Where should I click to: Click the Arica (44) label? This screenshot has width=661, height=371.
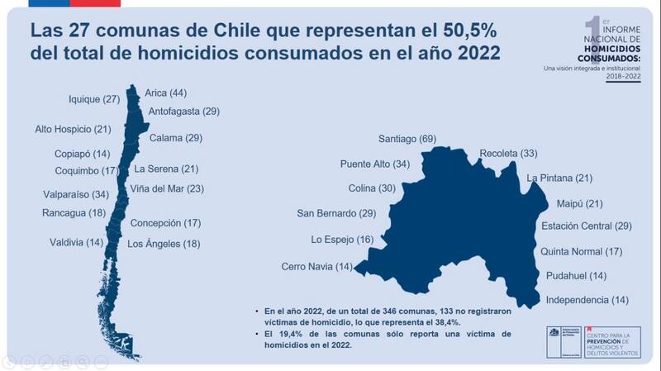click(165, 93)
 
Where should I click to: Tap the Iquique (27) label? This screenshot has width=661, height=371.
click(94, 99)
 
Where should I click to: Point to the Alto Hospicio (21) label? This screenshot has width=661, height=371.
click(73, 129)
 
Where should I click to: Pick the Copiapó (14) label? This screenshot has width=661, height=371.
click(82, 155)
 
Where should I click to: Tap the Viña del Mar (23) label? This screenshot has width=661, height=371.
click(167, 188)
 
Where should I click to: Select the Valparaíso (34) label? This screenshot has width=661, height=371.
click(76, 195)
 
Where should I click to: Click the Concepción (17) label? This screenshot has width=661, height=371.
click(166, 223)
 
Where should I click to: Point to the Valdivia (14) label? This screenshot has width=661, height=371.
click(76, 242)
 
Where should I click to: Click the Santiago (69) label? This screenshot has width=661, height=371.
click(407, 138)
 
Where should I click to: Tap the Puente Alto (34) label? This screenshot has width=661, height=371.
click(375, 164)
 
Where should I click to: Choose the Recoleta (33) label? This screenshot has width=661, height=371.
click(508, 154)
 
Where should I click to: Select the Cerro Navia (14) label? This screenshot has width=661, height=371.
click(316, 266)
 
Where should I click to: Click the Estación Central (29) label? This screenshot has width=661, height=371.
click(587, 226)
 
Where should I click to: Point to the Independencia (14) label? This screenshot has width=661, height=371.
click(587, 299)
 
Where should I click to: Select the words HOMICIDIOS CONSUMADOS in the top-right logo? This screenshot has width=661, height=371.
click(611, 53)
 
